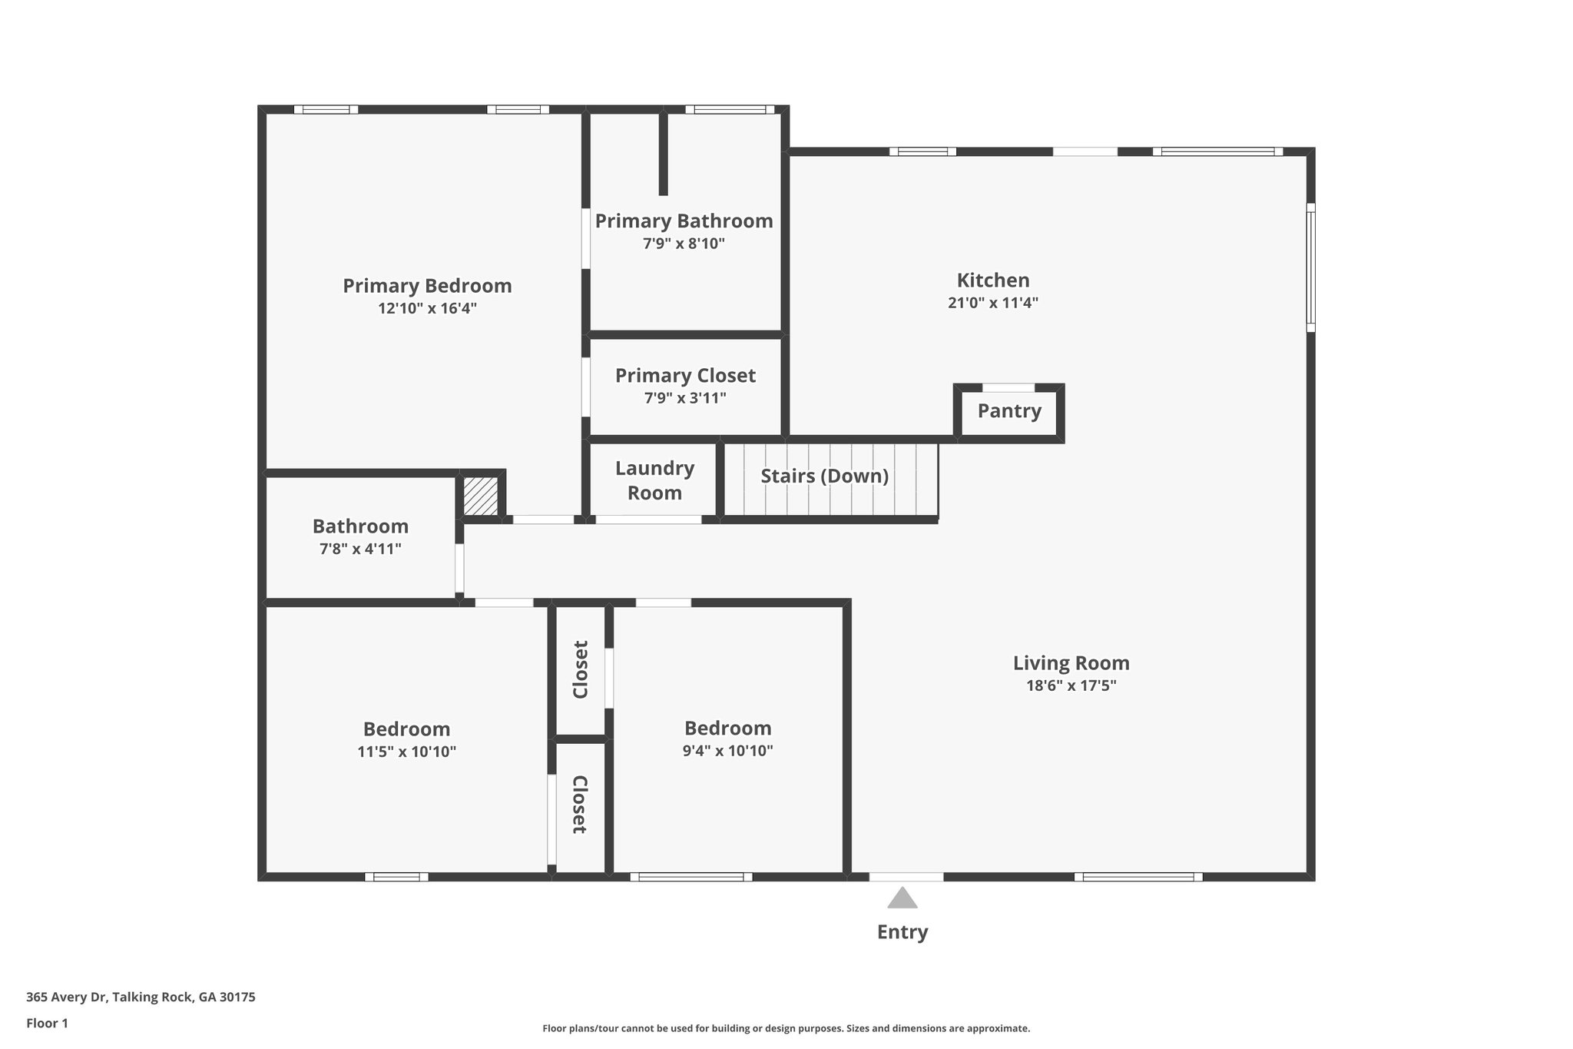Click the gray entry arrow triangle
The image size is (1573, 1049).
902,898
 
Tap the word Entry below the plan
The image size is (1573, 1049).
902,932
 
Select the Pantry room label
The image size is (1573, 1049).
1009,411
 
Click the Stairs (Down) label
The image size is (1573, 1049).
824,476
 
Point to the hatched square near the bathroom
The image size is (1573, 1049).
481,496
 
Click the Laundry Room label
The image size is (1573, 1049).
654,480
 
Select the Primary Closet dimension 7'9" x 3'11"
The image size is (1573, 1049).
685,398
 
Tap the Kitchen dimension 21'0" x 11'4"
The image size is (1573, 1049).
993,303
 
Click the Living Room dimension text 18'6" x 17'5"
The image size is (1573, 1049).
1071,686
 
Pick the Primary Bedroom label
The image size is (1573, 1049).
427,286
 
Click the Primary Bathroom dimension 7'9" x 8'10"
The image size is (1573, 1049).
684,244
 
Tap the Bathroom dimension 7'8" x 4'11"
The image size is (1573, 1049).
360,549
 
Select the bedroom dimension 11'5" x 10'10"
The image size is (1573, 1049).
406,752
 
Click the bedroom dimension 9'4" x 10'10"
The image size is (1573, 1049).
727,751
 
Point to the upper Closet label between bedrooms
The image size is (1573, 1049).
581,669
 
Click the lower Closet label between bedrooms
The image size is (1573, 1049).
580,805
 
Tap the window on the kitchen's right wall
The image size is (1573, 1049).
1311,267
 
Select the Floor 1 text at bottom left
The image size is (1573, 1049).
47,1023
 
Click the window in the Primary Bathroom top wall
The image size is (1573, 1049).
730,109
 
